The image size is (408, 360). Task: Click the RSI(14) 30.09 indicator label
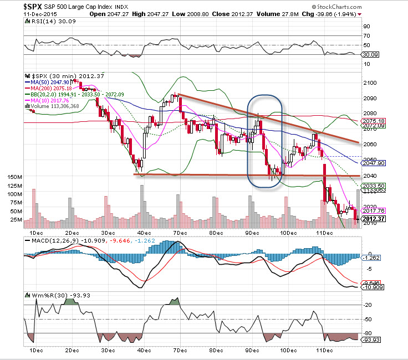point(48,21)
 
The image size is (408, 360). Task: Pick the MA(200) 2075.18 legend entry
point(51,88)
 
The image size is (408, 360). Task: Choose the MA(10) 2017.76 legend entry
point(50,100)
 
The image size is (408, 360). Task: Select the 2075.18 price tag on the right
point(373,120)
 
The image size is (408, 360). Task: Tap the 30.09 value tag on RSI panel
point(369,54)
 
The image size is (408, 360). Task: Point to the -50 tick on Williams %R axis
point(367,319)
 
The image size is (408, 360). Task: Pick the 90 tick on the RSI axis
point(366,26)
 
